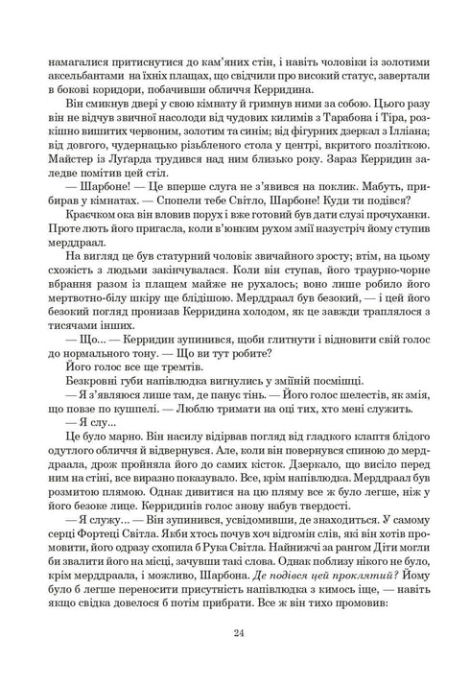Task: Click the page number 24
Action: point(235,633)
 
